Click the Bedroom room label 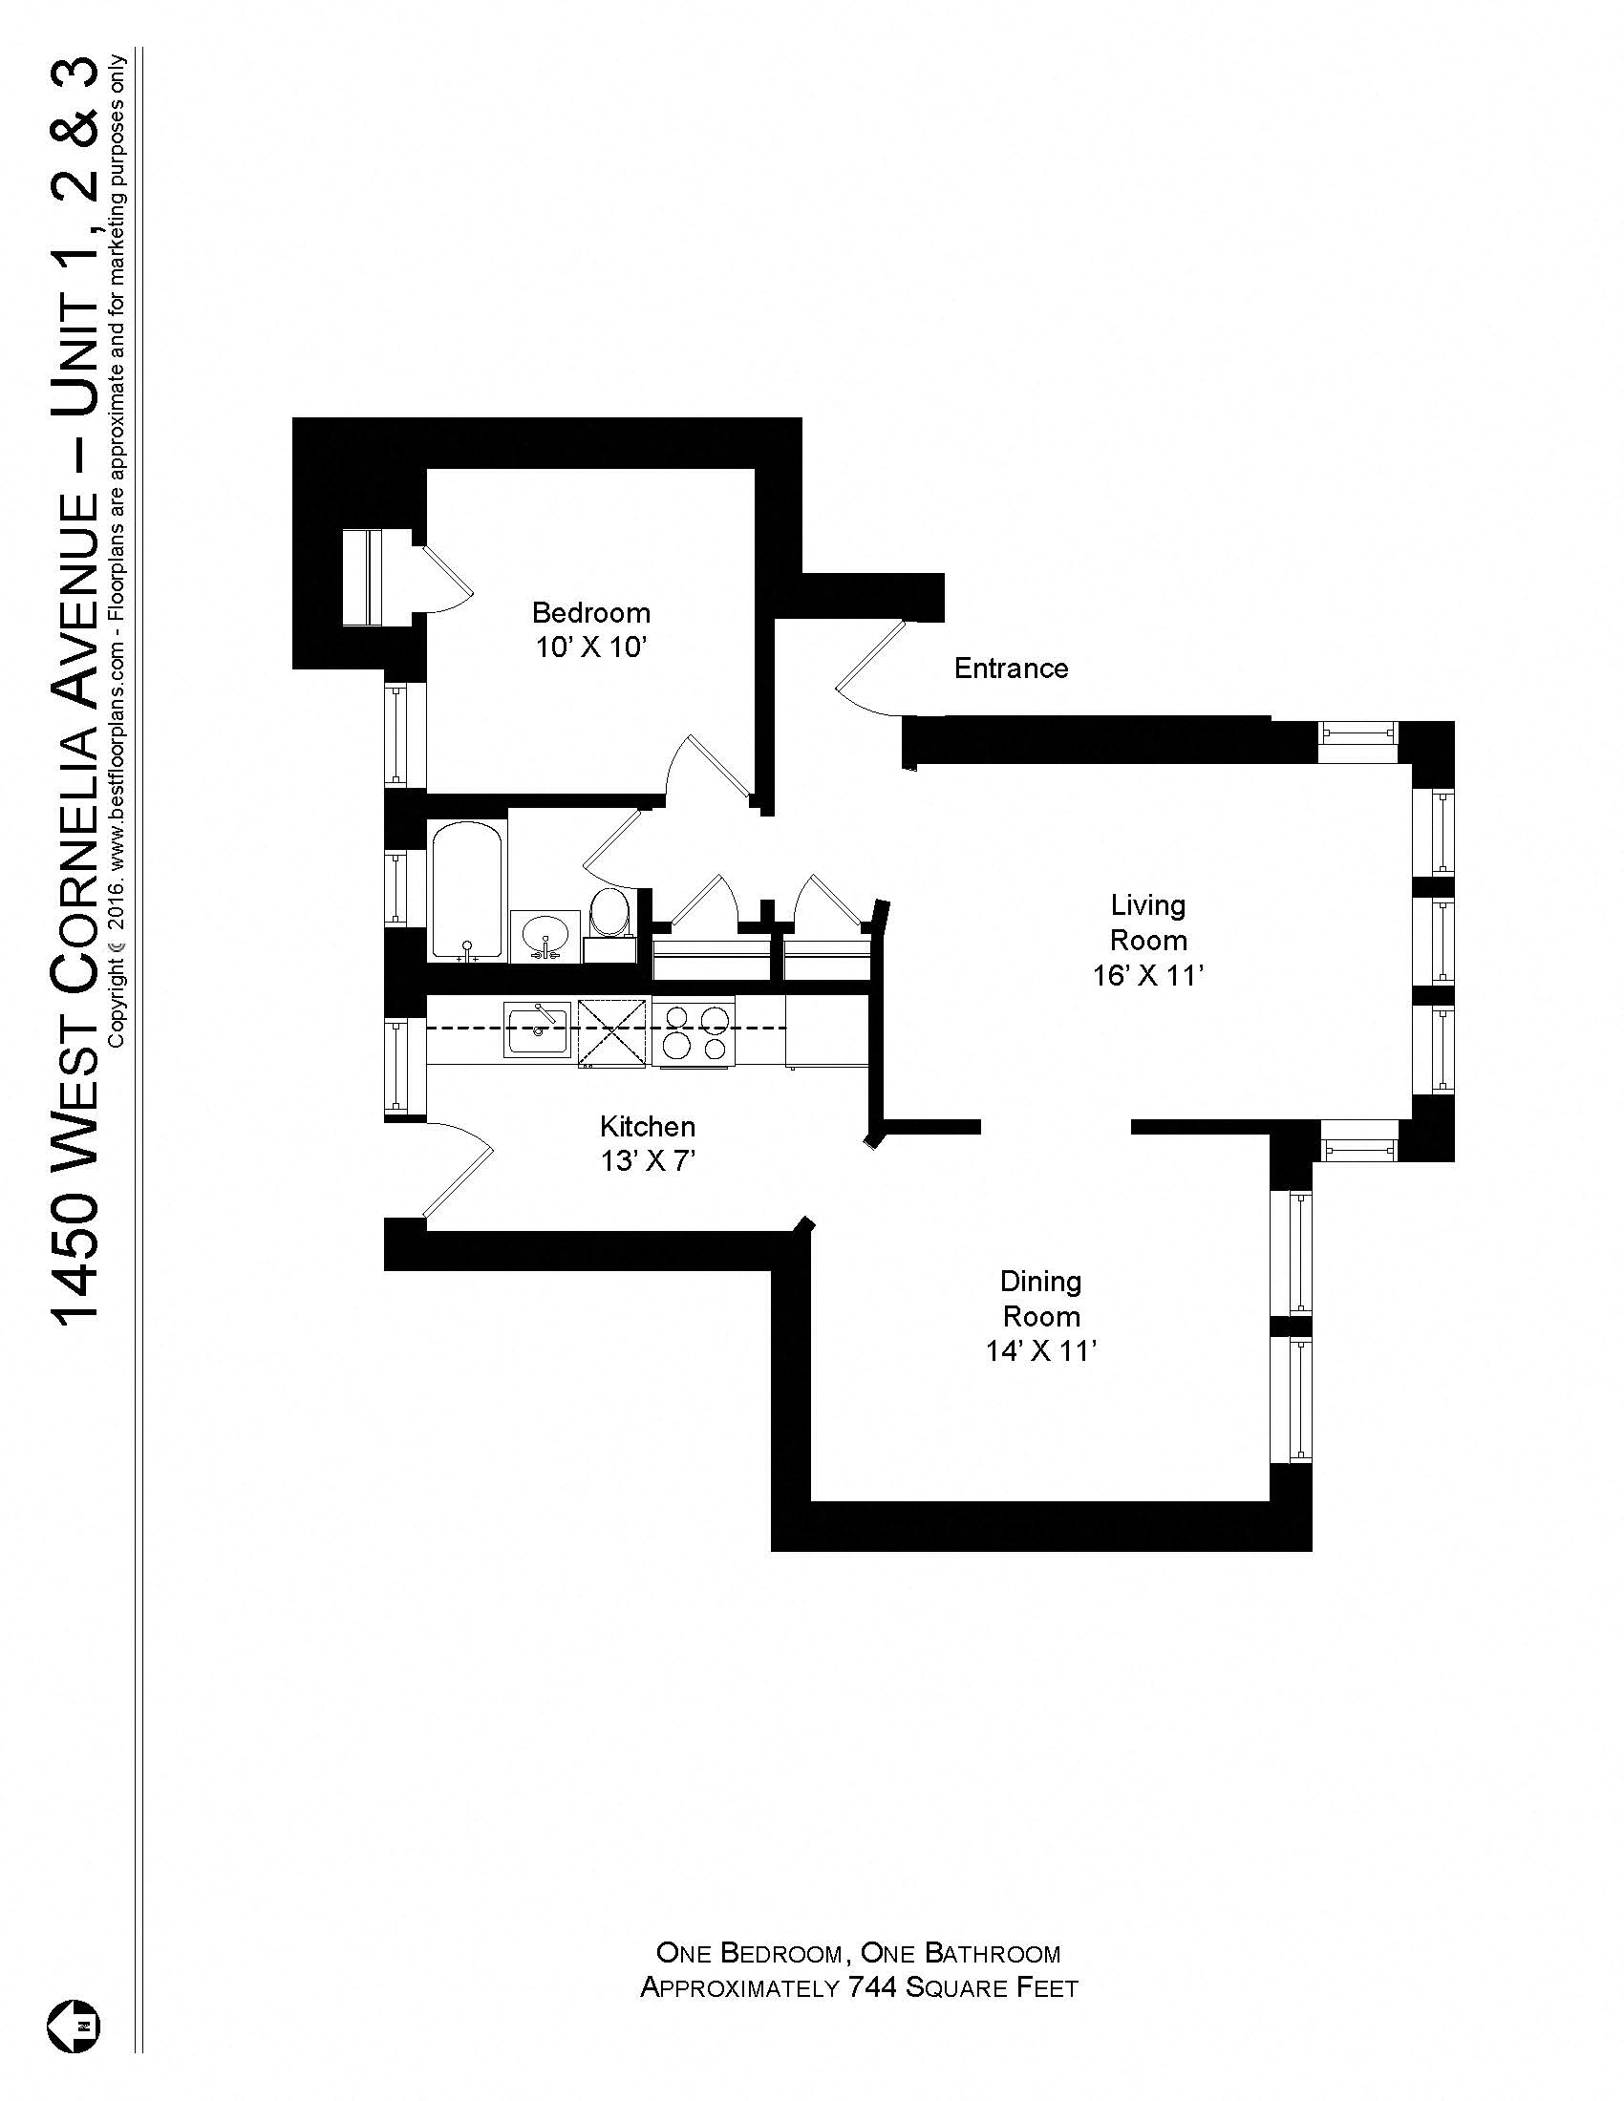(590, 613)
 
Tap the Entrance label (1010, 668)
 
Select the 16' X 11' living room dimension (1146, 976)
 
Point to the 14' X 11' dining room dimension (1041, 1351)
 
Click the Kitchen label (647, 1126)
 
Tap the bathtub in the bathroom (466, 890)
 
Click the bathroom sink (545, 935)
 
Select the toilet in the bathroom (609, 919)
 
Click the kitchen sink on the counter (537, 1029)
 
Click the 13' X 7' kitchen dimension (647, 1162)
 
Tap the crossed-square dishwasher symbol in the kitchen (613, 1033)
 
